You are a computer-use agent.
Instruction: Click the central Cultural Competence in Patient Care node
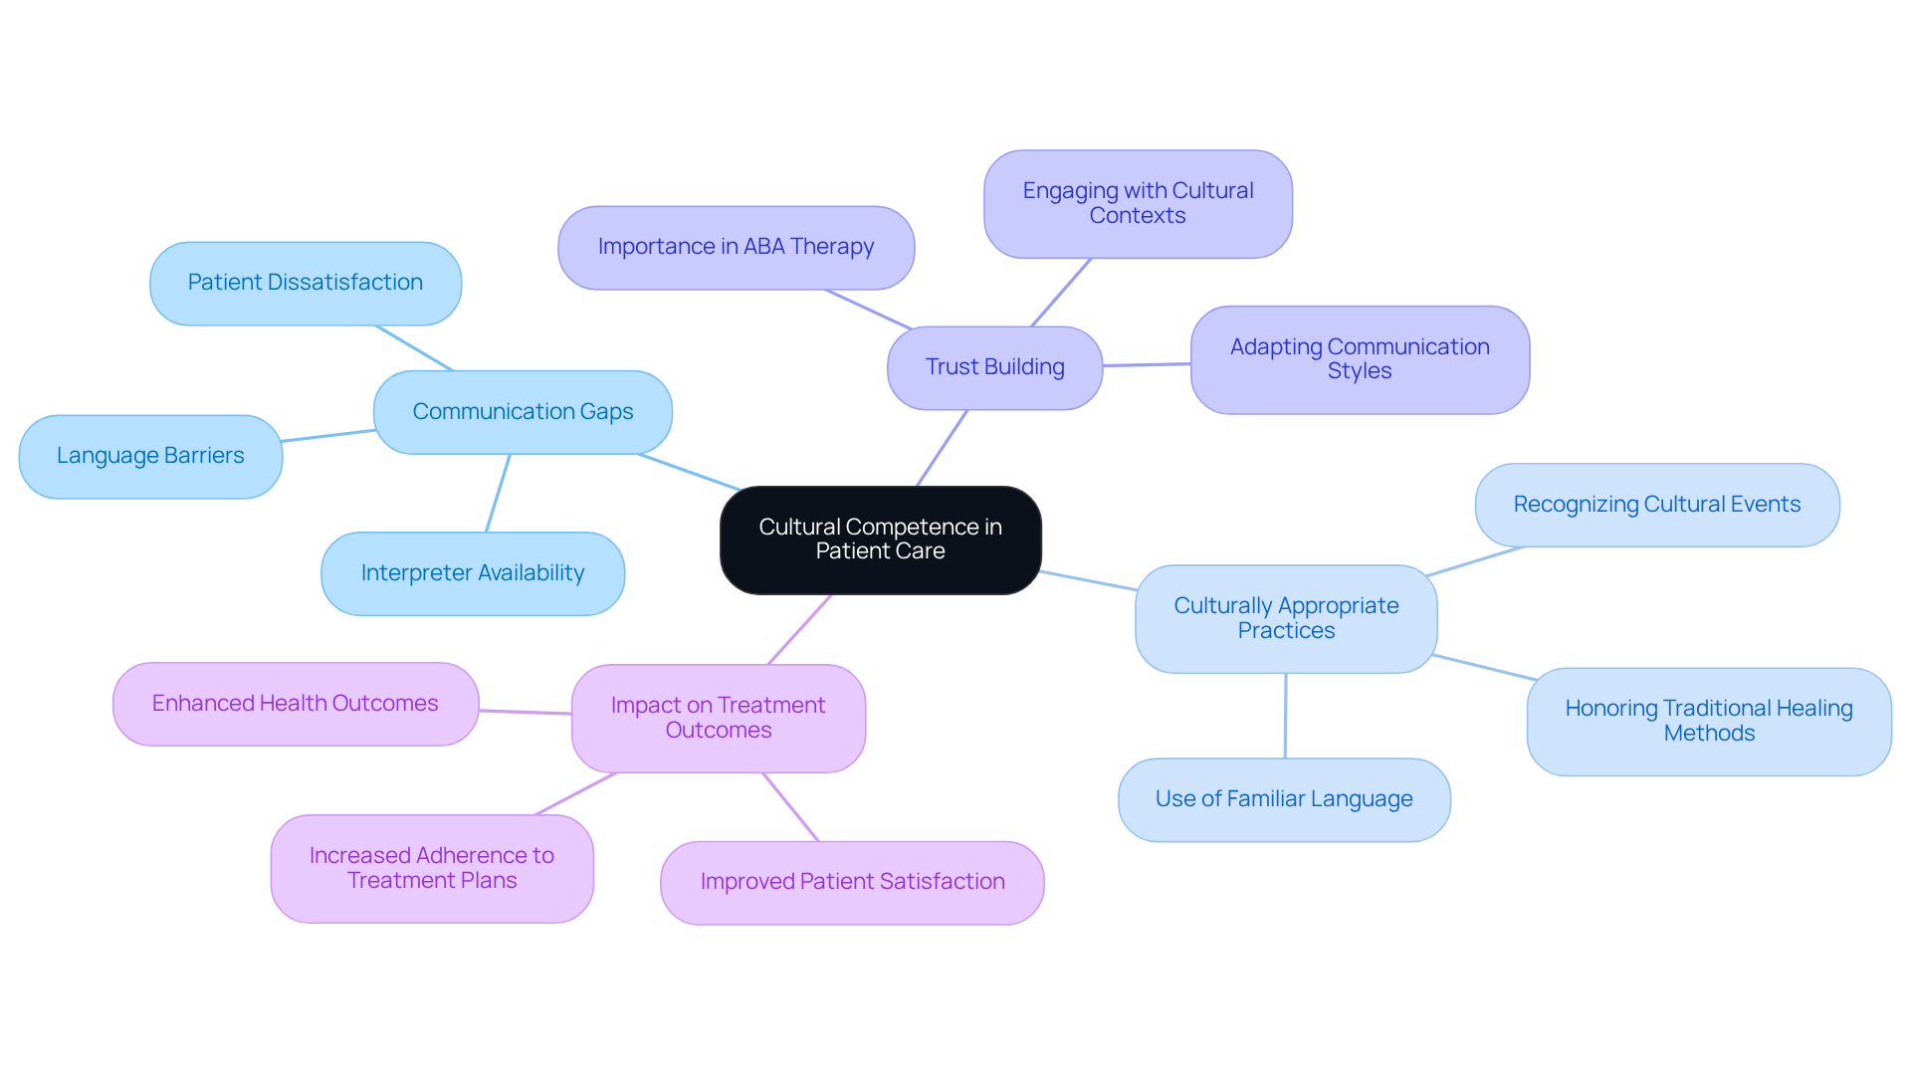click(x=880, y=539)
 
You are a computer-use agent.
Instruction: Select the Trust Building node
click(x=994, y=367)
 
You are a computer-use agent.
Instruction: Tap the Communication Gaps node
click(x=523, y=412)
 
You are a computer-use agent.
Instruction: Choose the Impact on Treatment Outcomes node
click(x=718, y=718)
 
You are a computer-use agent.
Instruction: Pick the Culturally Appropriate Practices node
click(x=1286, y=618)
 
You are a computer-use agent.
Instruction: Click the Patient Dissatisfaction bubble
click(x=306, y=283)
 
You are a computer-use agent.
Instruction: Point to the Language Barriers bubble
click(x=150, y=456)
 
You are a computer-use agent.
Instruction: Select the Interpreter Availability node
click(x=473, y=573)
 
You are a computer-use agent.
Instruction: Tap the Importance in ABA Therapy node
click(x=736, y=247)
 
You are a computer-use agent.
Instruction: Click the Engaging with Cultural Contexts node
click(x=1138, y=203)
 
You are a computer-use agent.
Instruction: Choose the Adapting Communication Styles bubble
click(x=1360, y=359)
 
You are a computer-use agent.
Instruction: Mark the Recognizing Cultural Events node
click(x=1656, y=505)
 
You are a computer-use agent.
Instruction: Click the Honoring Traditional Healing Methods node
click(x=1709, y=721)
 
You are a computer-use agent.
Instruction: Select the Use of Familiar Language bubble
click(x=1284, y=799)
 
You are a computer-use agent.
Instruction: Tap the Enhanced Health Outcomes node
click(x=296, y=704)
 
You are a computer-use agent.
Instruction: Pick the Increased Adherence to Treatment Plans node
click(x=432, y=868)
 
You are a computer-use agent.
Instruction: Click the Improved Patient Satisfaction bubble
click(x=852, y=882)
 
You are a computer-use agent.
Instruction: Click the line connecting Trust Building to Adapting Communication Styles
click(x=1147, y=365)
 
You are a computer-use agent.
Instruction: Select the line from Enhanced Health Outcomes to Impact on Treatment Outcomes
click(x=526, y=712)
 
